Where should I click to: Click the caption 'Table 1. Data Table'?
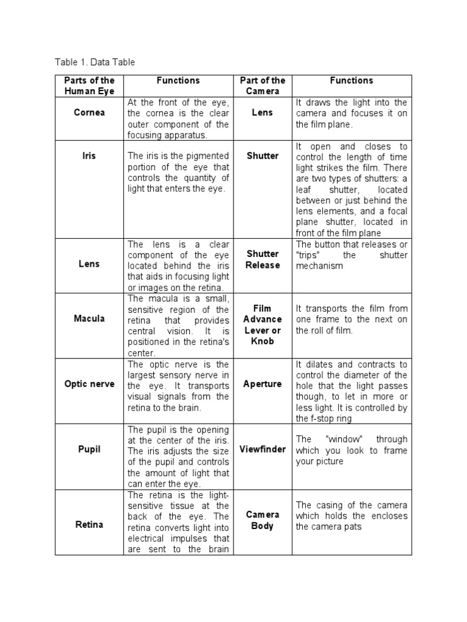[x=94, y=62]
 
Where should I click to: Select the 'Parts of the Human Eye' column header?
[x=89, y=86]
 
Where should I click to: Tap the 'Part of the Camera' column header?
[x=262, y=86]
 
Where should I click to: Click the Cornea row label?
[x=89, y=113]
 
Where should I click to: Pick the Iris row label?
[x=89, y=156]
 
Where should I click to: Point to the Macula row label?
[x=89, y=318]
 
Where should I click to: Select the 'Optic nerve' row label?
[x=89, y=384]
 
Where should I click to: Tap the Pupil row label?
[x=89, y=449]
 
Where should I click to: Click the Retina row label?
[x=89, y=524]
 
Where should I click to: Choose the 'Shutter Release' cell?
[x=262, y=259]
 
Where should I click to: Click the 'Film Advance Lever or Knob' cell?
[x=262, y=324]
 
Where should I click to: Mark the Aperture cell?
[x=262, y=384]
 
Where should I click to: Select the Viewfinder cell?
[x=262, y=449]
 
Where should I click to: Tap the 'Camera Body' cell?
[x=262, y=520]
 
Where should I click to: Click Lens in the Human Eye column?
[x=89, y=264]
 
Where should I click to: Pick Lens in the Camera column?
[x=262, y=113]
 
